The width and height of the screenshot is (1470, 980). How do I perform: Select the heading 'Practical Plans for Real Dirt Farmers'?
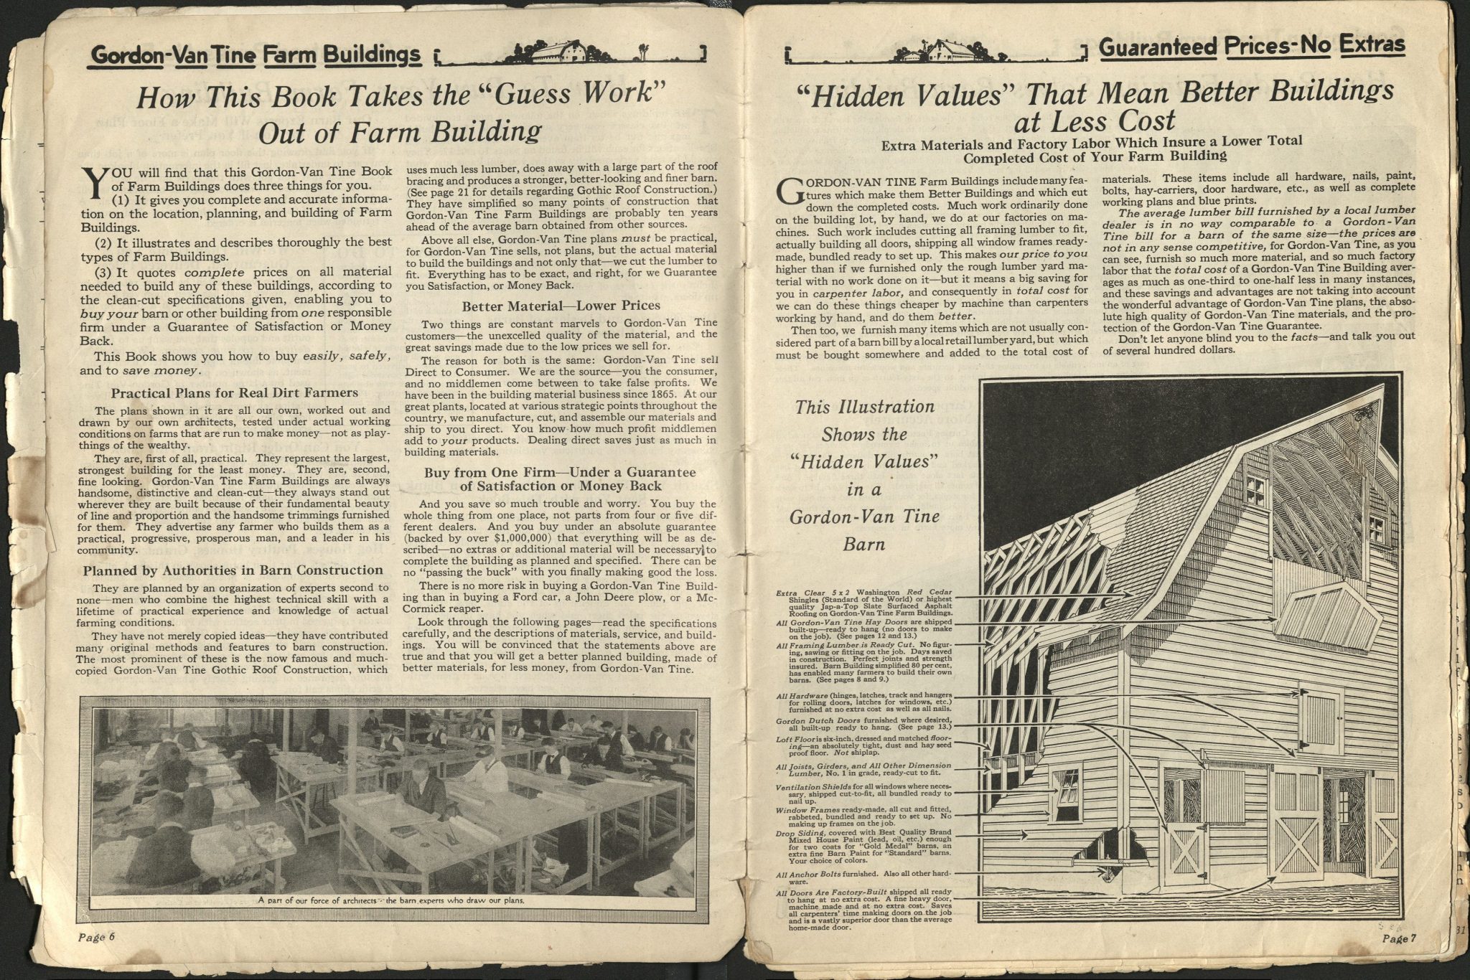235,392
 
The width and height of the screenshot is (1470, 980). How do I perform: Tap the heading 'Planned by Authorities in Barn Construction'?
233,570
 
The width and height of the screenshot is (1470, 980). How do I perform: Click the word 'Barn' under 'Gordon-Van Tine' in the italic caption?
863,544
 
